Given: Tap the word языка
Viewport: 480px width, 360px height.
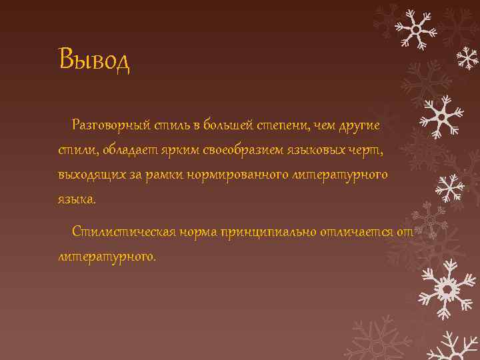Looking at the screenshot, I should coord(77,199).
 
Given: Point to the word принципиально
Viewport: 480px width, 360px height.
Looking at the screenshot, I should coord(271,231).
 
